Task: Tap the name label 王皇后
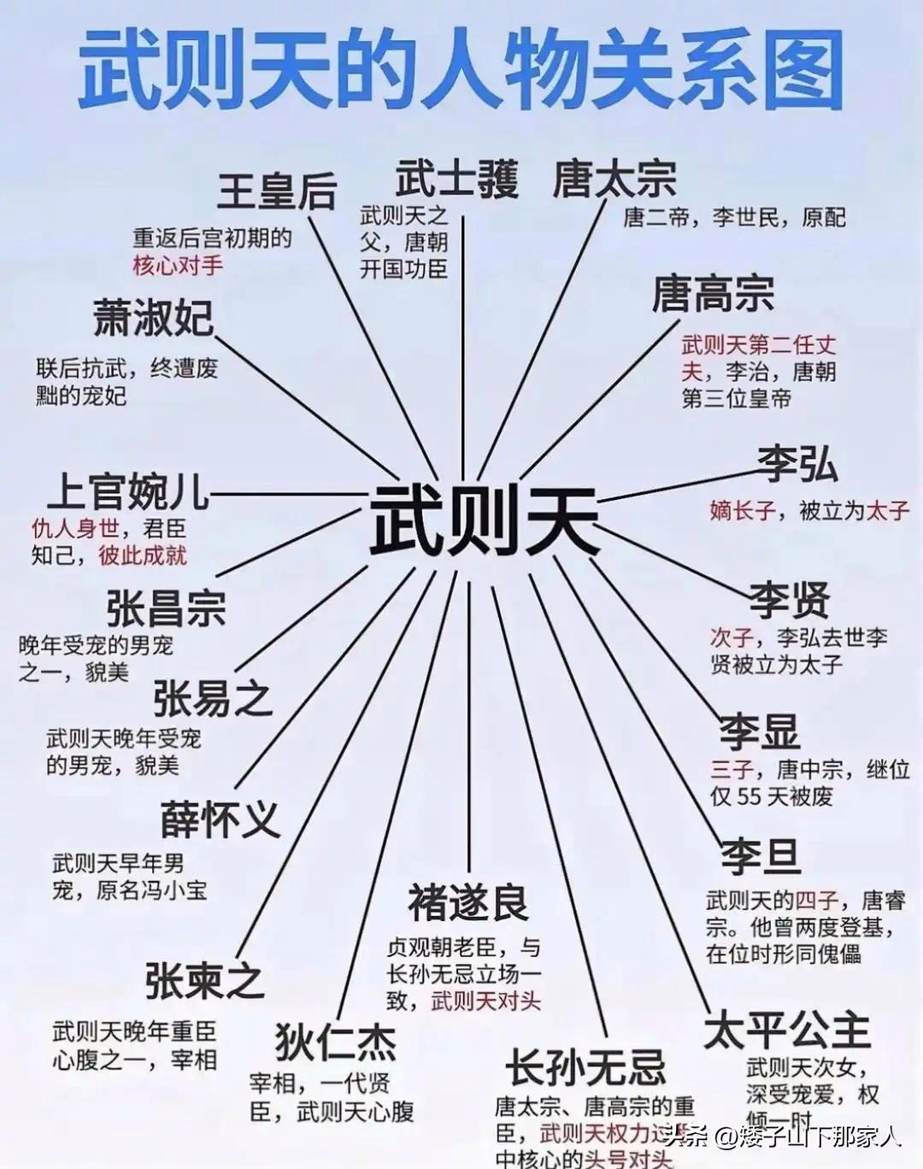pos(277,191)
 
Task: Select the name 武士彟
pos(457,179)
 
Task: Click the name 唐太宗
pos(614,179)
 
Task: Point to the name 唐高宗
pos(713,294)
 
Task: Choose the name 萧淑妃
pos(154,319)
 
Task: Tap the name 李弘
pos(797,464)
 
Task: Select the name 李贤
pos(790,599)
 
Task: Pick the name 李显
pos(759,731)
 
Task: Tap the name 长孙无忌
pos(585,1067)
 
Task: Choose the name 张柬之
pos(204,980)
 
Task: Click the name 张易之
pos(213,698)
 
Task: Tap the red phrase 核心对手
pos(178,265)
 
